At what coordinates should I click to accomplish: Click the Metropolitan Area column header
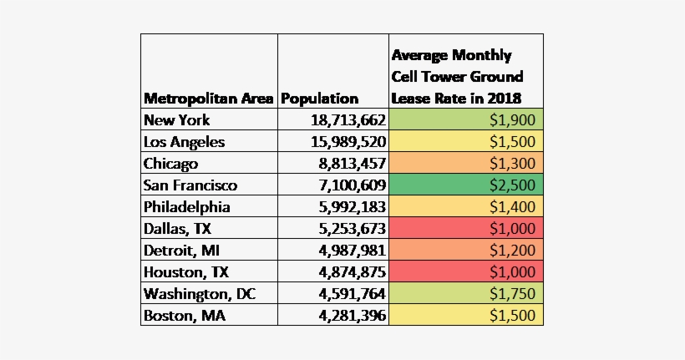coord(208,99)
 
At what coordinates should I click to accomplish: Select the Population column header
coord(320,99)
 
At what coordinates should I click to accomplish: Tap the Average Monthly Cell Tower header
coord(458,77)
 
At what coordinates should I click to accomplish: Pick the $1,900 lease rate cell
coord(466,119)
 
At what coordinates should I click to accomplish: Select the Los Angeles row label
coord(184,141)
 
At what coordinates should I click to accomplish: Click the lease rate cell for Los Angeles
coord(466,141)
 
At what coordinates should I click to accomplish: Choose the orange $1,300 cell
coord(466,163)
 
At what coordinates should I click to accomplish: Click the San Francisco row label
coord(190,185)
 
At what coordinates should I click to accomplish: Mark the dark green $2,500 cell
coord(466,185)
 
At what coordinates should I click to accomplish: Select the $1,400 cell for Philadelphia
coord(466,206)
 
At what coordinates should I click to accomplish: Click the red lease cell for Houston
coord(466,271)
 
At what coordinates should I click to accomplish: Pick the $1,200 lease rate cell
coord(466,250)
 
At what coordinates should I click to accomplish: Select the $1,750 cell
coord(466,293)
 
